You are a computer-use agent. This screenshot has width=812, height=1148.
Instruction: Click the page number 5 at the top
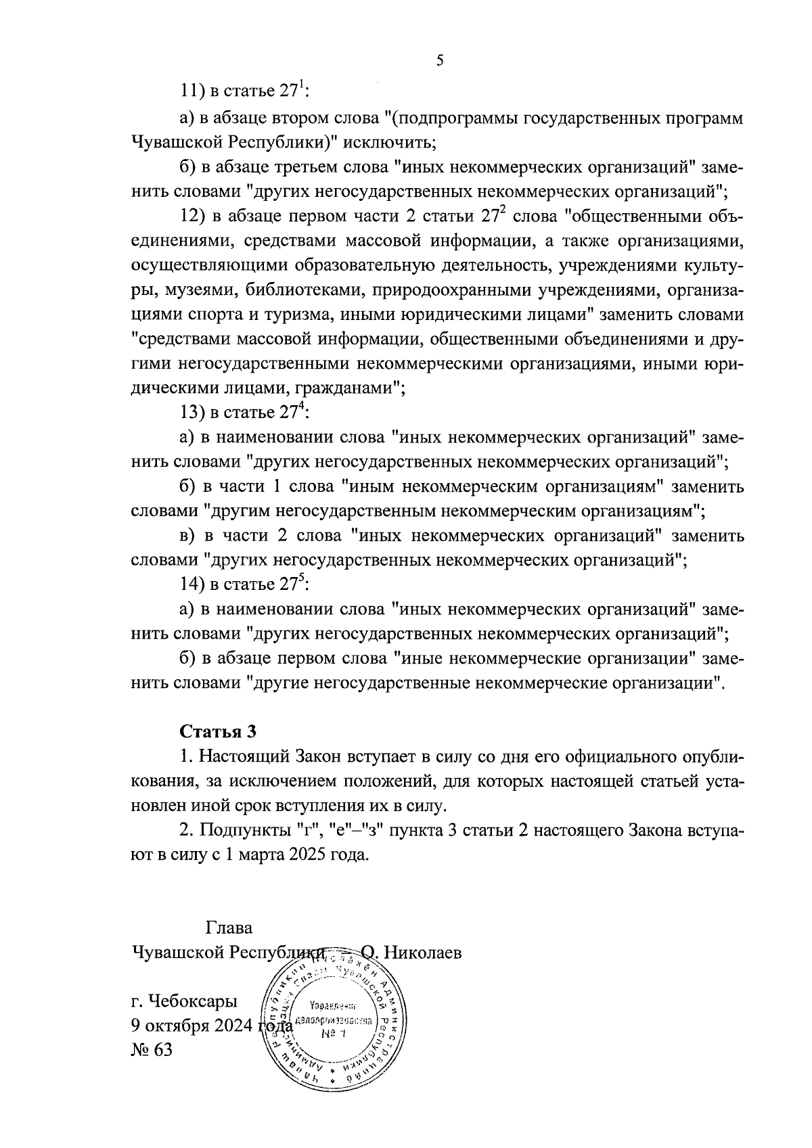[440, 61]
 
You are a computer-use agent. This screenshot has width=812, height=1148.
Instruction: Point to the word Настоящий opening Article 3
[242, 756]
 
